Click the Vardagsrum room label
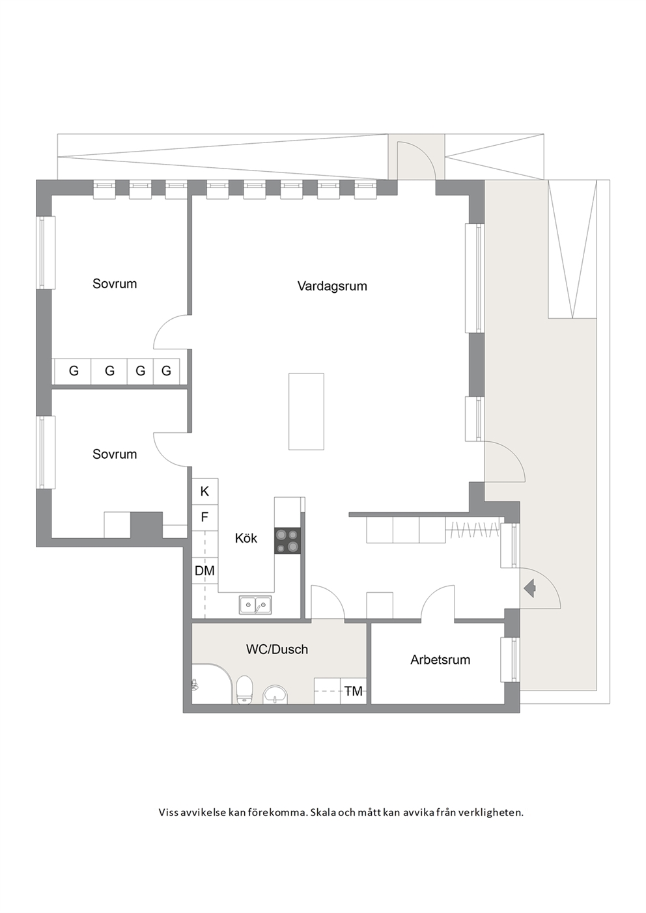point(332,286)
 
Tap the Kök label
point(246,538)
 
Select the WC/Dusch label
point(277,649)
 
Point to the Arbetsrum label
point(440,659)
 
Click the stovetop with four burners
point(288,541)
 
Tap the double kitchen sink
point(255,605)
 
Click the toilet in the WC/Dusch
point(245,690)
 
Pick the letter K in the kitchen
point(204,491)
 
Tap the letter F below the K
point(204,517)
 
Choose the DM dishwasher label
point(204,571)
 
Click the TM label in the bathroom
point(353,691)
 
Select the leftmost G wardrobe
point(74,371)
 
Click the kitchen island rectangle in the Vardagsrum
point(306,411)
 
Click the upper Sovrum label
point(115,284)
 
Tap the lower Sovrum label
point(115,454)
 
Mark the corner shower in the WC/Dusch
point(212,684)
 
